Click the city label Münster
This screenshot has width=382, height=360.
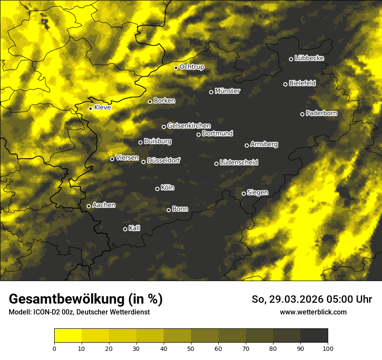point(227,91)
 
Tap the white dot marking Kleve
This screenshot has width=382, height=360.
point(90,108)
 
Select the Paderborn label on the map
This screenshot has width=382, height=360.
point(321,113)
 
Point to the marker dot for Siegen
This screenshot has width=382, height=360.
point(244,193)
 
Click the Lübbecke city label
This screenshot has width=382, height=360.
point(309,58)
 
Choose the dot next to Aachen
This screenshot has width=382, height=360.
point(89,206)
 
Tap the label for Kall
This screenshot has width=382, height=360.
point(135,228)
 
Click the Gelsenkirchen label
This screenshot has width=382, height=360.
point(189,126)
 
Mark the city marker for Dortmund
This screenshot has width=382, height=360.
point(198,134)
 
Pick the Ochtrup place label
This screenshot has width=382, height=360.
point(191,67)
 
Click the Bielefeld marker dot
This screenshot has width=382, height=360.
point(285,84)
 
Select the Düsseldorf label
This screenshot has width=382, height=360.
point(164,160)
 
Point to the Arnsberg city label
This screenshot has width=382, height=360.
point(264,144)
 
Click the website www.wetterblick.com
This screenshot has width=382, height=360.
point(313,312)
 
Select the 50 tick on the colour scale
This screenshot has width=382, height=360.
point(191,348)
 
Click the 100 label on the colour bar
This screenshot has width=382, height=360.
point(328,348)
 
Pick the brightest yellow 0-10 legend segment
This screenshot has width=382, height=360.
point(68,336)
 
